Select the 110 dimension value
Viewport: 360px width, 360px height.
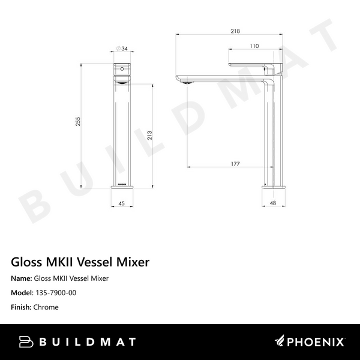pos(254,46)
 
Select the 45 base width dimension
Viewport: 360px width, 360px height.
pos(121,203)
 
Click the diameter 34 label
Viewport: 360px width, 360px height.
pos(123,50)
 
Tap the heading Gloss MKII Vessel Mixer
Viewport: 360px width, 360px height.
pos(80,262)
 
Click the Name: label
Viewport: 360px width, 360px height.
pos(22,278)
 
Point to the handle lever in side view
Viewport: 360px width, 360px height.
pos(253,63)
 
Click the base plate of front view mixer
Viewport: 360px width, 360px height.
pos(121,185)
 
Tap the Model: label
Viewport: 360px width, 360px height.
pos(22,293)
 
